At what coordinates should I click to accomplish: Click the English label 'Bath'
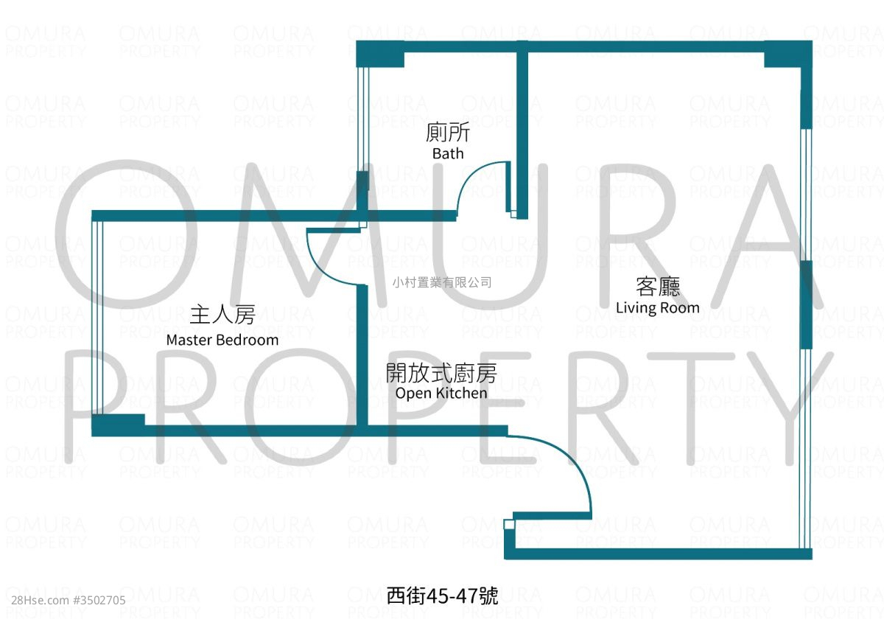448,153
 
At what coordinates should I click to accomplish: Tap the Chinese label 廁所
448,132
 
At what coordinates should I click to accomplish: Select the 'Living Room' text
657,308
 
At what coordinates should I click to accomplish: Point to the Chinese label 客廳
658,287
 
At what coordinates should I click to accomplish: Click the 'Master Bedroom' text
222,340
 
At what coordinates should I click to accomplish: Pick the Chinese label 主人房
222,314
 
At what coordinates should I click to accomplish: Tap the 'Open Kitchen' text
441,394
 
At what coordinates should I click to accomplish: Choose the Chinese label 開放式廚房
441,373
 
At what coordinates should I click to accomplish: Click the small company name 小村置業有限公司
442,282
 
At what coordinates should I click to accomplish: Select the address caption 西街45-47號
442,596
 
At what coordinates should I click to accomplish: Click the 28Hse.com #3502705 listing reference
69,601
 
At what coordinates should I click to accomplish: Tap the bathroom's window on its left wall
363,119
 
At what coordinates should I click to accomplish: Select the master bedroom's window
97,318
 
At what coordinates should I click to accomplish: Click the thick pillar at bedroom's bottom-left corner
118,425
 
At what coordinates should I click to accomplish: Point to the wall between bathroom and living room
522,130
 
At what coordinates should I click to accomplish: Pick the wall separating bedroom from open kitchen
362,355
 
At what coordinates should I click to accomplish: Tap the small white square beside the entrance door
509,525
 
